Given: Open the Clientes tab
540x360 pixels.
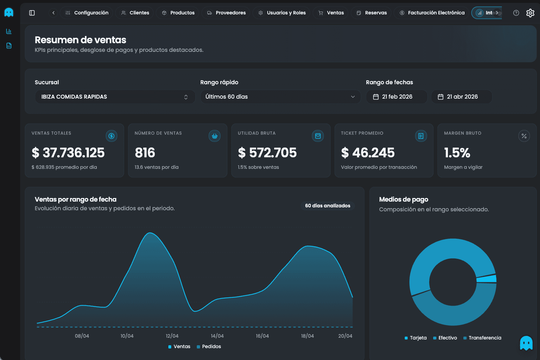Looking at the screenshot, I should pos(135,13).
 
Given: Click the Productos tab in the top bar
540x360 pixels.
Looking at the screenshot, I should pos(178,13).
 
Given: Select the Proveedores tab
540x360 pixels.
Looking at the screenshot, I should pos(226,13).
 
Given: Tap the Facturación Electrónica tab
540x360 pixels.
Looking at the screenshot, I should pos(432,13).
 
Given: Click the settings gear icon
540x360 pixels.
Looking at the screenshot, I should pos(530,13).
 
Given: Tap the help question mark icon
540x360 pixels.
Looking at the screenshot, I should pos(516,13).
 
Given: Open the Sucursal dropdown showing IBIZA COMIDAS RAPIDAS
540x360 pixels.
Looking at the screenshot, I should pos(115,97).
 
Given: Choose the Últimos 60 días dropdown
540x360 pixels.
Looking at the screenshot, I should pos(280,97).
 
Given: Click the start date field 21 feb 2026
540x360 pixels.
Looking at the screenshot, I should pos(396,97).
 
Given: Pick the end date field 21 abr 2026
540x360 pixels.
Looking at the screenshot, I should pos(462,97).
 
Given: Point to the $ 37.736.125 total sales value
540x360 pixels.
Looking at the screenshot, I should pos(68,153).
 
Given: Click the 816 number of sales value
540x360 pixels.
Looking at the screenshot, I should pos(145,153).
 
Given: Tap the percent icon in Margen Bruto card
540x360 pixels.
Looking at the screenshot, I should pos(524,136).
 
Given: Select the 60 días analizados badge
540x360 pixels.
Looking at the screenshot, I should pos(327,206).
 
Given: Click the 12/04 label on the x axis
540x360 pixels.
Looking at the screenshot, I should pos(172,336).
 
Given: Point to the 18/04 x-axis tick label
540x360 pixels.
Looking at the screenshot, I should pos(307,336).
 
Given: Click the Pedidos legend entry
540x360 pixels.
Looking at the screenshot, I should pos(209,346).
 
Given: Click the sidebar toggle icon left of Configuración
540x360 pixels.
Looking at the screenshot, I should pos(32,13).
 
